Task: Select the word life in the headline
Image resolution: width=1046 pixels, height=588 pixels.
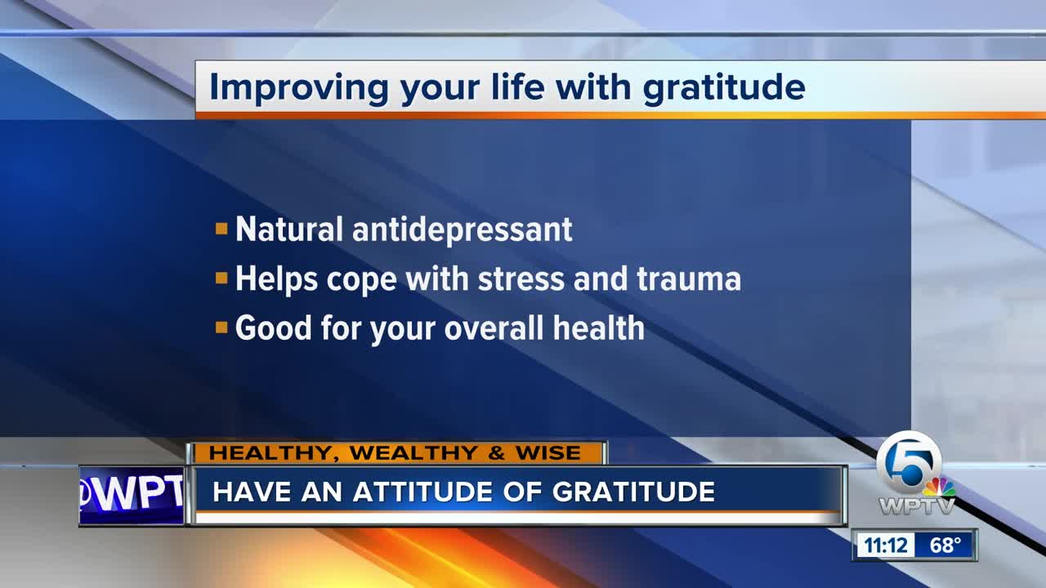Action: (x=518, y=87)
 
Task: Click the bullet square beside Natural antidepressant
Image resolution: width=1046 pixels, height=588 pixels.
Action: (x=221, y=229)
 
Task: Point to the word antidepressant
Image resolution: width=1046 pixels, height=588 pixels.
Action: (x=463, y=229)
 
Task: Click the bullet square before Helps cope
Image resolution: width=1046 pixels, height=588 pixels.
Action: (x=221, y=278)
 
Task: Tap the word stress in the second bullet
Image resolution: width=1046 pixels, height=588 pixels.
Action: (x=521, y=279)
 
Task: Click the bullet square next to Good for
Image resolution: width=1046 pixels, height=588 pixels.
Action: (x=221, y=327)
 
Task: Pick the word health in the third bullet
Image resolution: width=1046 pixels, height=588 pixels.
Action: (x=599, y=327)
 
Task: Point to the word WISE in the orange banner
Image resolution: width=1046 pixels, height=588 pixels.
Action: (x=548, y=452)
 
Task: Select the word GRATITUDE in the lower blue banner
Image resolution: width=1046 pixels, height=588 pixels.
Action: (x=633, y=492)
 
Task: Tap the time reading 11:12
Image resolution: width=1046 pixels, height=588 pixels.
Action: (x=885, y=545)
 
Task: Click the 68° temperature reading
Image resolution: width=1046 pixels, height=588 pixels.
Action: (x=945, y=545)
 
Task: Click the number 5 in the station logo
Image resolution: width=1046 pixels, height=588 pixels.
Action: (x=908, y=463)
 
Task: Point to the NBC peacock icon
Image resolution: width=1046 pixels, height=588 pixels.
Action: (x=939, y=488)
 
